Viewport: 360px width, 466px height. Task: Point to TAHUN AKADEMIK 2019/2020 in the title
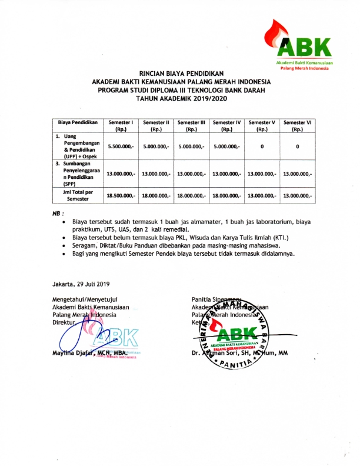pyautogui.click(x=180, y=99)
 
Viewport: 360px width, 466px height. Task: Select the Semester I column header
pyautogui.click(x=121, y=125)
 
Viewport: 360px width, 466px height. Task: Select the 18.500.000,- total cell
pyautogui.click(x=121, y=195)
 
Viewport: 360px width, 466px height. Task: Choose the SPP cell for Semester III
pyautogui.click(x=191, y=174)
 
